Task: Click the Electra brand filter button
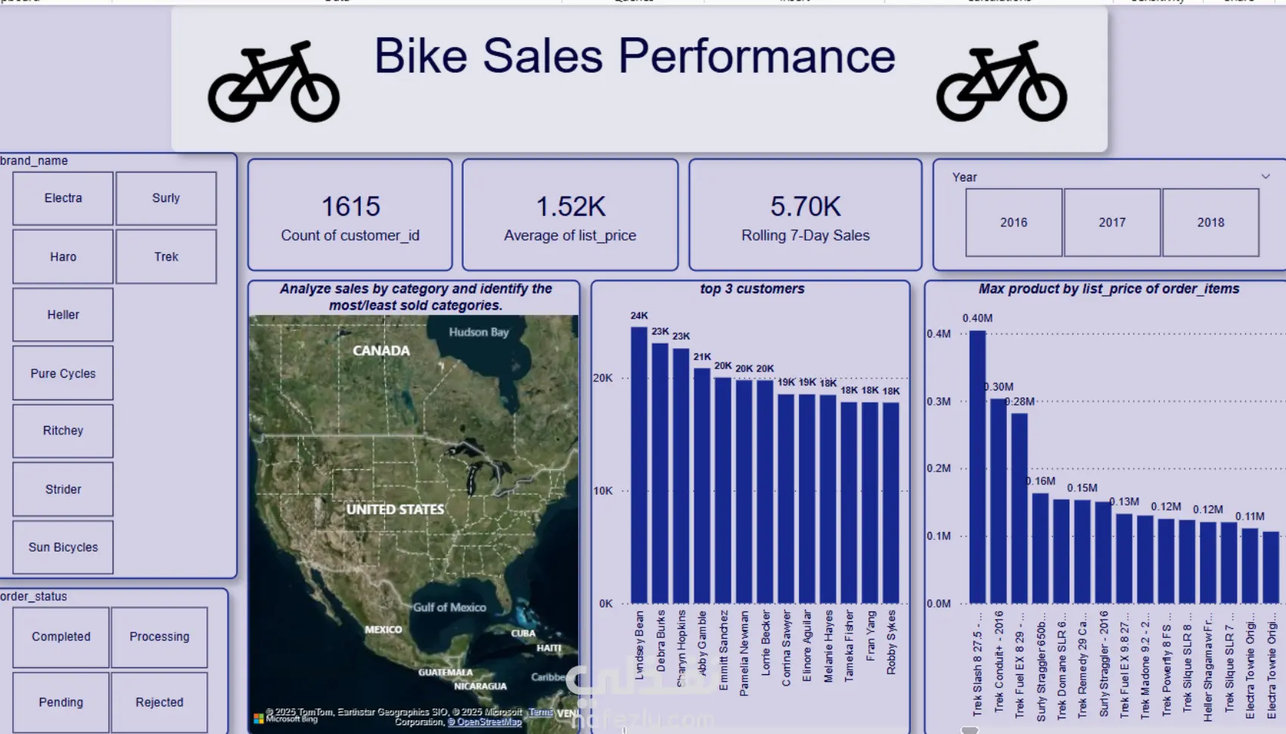tap(63, 198)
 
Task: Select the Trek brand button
tap(166, 257)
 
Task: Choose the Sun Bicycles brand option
tap(63, 547)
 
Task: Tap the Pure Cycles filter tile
tap(63, 373)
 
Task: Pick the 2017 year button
tap(1112, 222)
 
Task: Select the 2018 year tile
tap(1210, 222)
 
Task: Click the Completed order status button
tap(61, 637)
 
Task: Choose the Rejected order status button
tap(159, 702)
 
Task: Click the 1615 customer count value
tap(350, 207)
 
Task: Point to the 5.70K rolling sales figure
tap(806, 207)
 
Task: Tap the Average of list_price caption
tap(570, 235)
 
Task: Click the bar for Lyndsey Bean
tap(639, 465)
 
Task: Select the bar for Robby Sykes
tap(891, 503)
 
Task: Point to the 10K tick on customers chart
tap(603, 491)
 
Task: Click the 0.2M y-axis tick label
tap(939, 468)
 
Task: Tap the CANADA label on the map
tap(381, 351)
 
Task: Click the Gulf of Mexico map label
tap(449, 607)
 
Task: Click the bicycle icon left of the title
tap(274, 82)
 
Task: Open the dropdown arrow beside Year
tap(1266, 176)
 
